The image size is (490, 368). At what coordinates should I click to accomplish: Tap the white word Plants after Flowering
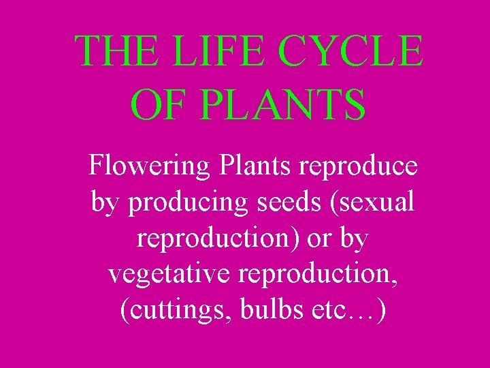[248, 166]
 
